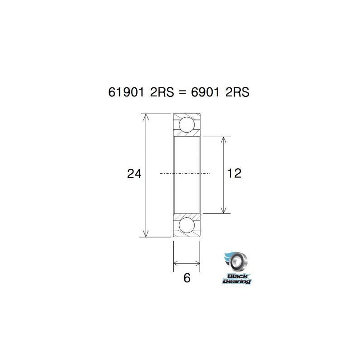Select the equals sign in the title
[181, 92]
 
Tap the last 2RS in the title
[238, 92]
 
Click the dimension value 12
[234, 173]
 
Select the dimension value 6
[186, 278]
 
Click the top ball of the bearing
[186, 124]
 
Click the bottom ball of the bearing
[186, 224]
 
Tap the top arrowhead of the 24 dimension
[145, 117]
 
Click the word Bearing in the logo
[237, 281]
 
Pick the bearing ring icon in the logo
[238, 261]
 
